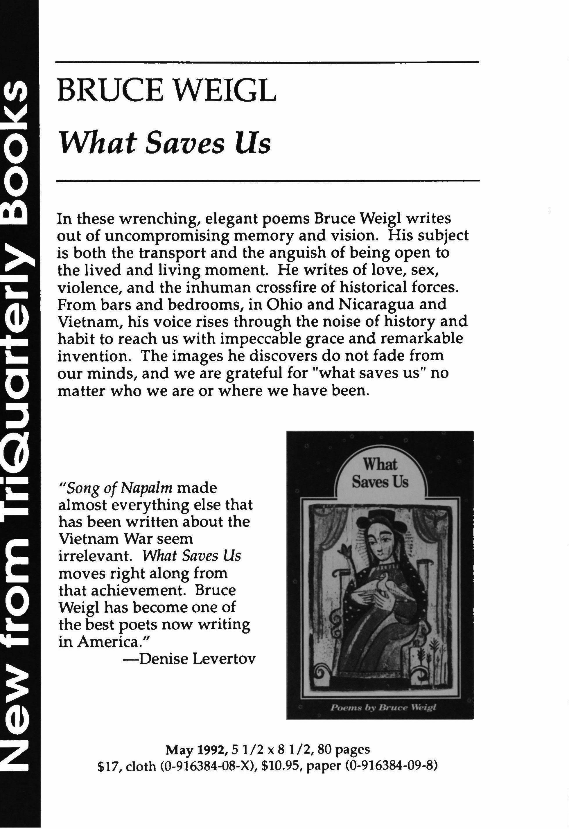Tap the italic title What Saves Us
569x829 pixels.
[166, 144]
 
